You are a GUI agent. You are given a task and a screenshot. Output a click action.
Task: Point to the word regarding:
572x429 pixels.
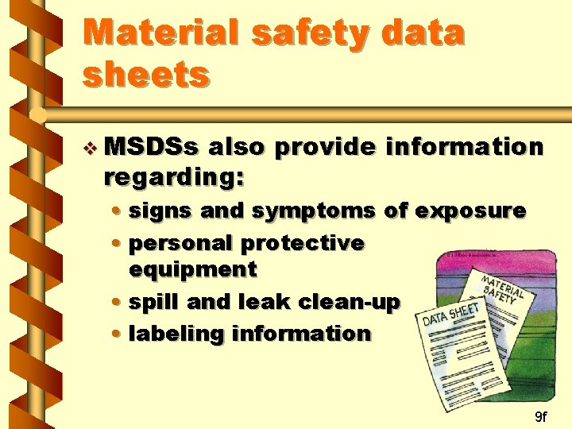pyautogui.click(x=173, y=177)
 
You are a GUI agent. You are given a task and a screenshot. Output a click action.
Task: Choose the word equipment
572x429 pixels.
pyautogui.click(x=193, y=269)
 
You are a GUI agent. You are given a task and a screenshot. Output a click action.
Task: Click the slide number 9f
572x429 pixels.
pyautogui.click(x=540, y=416)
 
